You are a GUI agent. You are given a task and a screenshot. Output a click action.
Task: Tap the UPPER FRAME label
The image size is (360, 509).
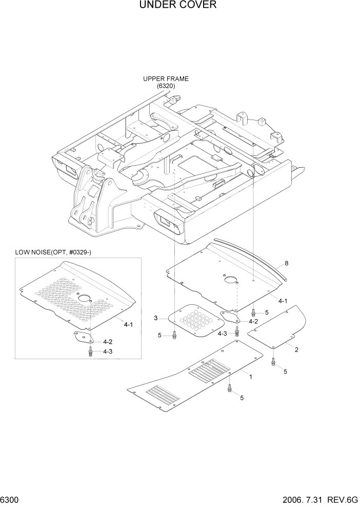pyautogui.click(x=166, y=79)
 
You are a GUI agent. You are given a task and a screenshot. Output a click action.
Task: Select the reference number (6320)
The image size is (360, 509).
pyautogui.click(x=166, y=86)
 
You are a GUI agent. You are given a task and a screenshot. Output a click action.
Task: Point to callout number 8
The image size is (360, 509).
pyautogui.click(x=286, y=263)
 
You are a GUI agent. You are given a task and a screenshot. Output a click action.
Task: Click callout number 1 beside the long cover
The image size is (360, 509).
pyautogui.click(x=250, y=377)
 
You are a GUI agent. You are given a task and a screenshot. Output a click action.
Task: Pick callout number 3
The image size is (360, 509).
pyautogui.click(x=155, y=319)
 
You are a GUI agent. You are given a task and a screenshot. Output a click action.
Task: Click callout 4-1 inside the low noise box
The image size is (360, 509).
pyautogui.click(x=128, y=324)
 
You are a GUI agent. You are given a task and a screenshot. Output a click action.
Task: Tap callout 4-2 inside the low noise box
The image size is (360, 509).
pyautogui.click(x=108, y=341)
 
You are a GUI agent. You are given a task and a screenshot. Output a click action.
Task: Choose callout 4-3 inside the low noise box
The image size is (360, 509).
pyautogui.click(x=108, y=351)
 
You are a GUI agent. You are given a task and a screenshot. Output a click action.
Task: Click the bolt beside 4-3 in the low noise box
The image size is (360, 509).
pyautogui.click(x=91, y=351)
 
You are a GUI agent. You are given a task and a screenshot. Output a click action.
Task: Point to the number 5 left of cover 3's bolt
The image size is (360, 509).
pyautogui.click(x=159, y=335)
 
